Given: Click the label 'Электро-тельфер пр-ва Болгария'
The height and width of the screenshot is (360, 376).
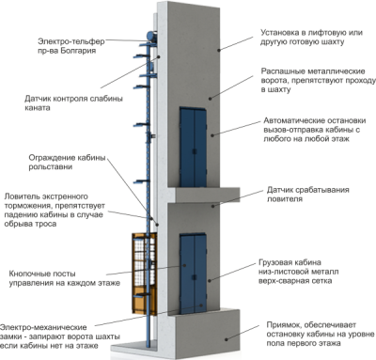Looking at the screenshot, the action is coord(71,46).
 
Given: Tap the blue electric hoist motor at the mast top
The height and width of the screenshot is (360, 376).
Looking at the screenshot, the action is coord(151,37).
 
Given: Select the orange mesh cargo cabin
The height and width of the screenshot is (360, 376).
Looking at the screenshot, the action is coord(144,274).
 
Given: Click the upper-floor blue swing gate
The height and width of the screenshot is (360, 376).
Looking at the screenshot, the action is coord(193,148).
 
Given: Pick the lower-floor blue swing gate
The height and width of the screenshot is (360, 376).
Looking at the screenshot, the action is coord(194,274).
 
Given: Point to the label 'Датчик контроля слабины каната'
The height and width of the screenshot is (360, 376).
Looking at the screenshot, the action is coord(73,103).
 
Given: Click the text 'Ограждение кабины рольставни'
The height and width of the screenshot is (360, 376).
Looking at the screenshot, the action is coord(67,162).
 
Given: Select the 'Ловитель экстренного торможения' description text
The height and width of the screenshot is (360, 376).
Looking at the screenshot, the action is coord(55,211).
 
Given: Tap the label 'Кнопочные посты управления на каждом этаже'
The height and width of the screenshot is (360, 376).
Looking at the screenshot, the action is coord(64,278).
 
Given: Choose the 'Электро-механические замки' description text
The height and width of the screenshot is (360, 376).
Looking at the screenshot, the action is coord(60,337).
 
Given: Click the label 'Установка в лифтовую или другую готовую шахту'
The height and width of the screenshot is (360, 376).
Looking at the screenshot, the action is coord(311,38).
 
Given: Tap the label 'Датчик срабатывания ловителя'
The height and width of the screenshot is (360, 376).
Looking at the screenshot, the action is coord(307,195).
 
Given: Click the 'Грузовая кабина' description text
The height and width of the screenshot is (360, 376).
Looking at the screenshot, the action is coord(298,272).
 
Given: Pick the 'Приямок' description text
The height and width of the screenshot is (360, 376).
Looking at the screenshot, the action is coord(321,334).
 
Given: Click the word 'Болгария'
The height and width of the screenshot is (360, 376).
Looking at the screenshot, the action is coord(79,51).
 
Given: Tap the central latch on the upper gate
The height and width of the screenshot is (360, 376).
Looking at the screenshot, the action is coord(195,151).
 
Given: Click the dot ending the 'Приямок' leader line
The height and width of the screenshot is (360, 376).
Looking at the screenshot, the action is coord(226,339).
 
